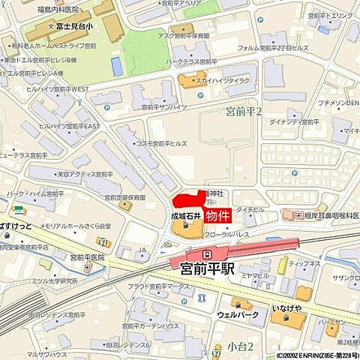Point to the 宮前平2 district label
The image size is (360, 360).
click(244, 112)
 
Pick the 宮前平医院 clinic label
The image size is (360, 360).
click(86, 256)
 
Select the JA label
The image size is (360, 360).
click(142, 250)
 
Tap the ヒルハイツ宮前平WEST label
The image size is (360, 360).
click(58, 89)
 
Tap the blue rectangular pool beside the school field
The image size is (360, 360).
click(116, 66)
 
